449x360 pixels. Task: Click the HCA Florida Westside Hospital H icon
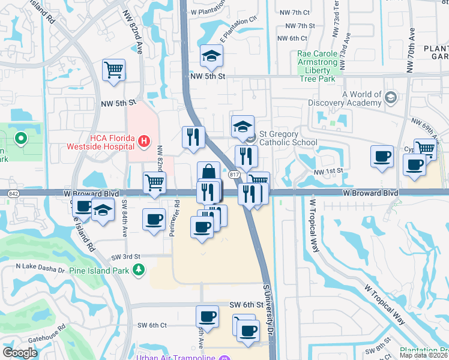143,142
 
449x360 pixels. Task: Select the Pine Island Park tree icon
139,271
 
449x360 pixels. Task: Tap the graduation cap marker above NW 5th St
211,56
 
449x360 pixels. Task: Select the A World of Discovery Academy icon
391,97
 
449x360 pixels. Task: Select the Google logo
20,352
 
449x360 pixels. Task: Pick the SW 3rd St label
125,257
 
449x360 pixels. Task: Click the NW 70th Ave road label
412,51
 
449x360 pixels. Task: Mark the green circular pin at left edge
21,139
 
